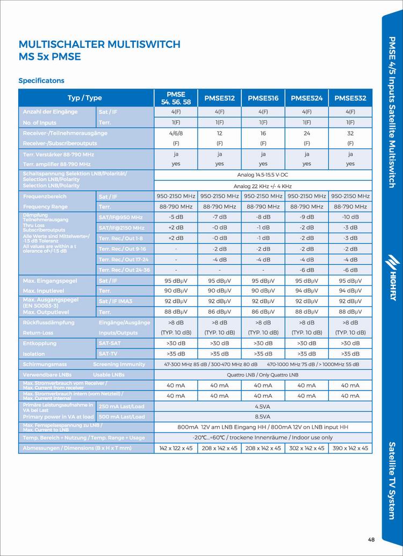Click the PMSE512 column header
coord(219,98)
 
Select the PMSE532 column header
coord(350,98)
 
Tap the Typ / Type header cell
coord(84,98)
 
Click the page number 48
coord(371,539)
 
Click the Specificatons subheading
coord(41,81)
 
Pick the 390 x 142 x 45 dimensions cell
coord(350,448)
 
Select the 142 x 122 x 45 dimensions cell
coord(176,448)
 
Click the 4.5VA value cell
coord(263,407)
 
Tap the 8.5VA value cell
coord(263,416)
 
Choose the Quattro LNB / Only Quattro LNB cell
coord(263,374)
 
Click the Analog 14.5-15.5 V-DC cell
coord(263,175)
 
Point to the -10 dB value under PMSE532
coord(350,217)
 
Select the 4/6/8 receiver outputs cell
coord(176,133)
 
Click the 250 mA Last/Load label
coord(122,407)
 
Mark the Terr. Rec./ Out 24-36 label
coord(124,270)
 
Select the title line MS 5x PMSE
coord(49,56)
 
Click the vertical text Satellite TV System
coord(392,480)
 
